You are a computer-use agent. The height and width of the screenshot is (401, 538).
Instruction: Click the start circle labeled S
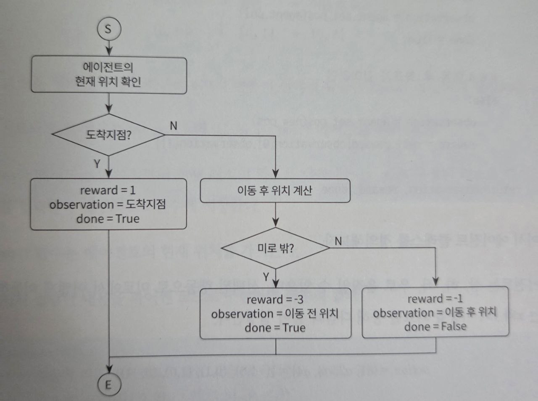coord(108,29)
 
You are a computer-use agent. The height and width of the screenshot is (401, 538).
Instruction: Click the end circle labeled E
coord(108,384)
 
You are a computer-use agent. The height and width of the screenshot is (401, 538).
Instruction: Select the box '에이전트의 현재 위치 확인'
coord(108,74)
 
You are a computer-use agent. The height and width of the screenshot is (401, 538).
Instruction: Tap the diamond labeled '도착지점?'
coord(108,135)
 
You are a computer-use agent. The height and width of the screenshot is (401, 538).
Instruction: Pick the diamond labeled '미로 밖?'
coord(276,248)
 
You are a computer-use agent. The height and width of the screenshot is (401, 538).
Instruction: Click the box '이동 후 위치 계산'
coord(275,191)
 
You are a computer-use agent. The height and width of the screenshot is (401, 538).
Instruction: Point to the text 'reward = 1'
coord(108,190)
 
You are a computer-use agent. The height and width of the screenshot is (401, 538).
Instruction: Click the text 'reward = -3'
coord(275,300)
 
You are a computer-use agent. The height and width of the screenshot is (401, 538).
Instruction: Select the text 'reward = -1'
coord(435,299)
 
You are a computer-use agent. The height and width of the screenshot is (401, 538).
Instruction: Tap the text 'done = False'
coord(435,327)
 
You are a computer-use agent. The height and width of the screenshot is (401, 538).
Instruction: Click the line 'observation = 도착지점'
coord(108,204)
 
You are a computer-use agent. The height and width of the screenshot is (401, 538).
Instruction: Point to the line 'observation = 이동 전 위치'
coord(275,313)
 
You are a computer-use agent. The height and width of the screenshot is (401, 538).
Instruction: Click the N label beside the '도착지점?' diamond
coord(173,125)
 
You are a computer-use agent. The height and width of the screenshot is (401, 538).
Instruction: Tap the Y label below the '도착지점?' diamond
coord(98,163)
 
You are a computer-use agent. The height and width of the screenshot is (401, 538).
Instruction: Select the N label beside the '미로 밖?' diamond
coord(338,241)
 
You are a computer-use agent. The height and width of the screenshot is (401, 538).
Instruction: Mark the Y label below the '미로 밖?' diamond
coord(266,276)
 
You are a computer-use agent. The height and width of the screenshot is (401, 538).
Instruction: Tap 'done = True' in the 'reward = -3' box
coord(275,327)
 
